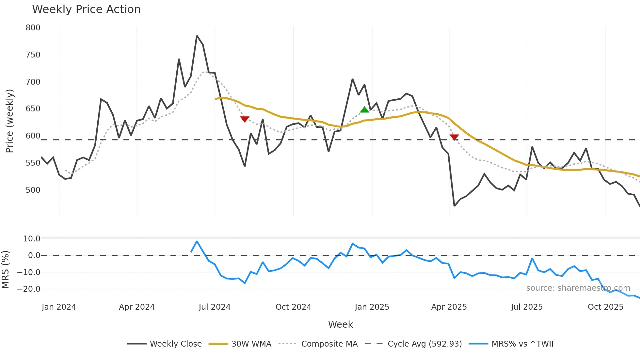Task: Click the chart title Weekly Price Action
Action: pyautogui.click(x=86, y=9)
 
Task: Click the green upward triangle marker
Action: pyautogui.click(x=364, y=110)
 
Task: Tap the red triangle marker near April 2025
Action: pyautogui.click(x=454, y=137)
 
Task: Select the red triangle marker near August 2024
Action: pyautogui.click(x=245, y=119)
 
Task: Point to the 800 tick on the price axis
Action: pyautogui.click(x=33, y=28)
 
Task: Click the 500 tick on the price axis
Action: pyautogui.click(x=33, y=190)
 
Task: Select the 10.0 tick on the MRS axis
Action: pyautogui.click(x=32, y=239)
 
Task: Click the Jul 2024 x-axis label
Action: pyautogui.click(x=215, y=307)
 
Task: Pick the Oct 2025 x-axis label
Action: pyautogui.click(x=605, y=307)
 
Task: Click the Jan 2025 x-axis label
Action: pyautogui.click(x=372, y=307)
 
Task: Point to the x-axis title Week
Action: pyautogui.click(x=340, y=324)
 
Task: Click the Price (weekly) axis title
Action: pyautogui.click(x=9, y=121)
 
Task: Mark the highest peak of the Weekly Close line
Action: pyautogui.click(x=197, y=36)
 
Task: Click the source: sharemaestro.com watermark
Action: pyautogui.click(x=578, y=288)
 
